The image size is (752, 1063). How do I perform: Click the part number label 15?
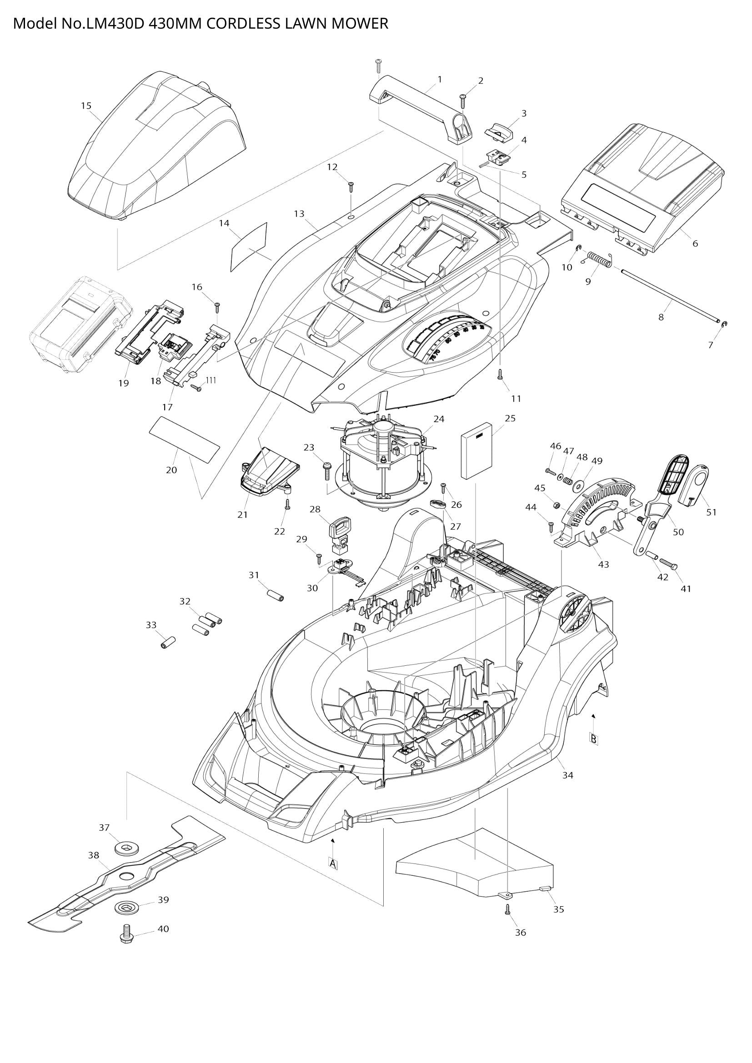(x=86, y=106)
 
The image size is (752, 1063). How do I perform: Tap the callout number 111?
(x=211, y=380)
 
